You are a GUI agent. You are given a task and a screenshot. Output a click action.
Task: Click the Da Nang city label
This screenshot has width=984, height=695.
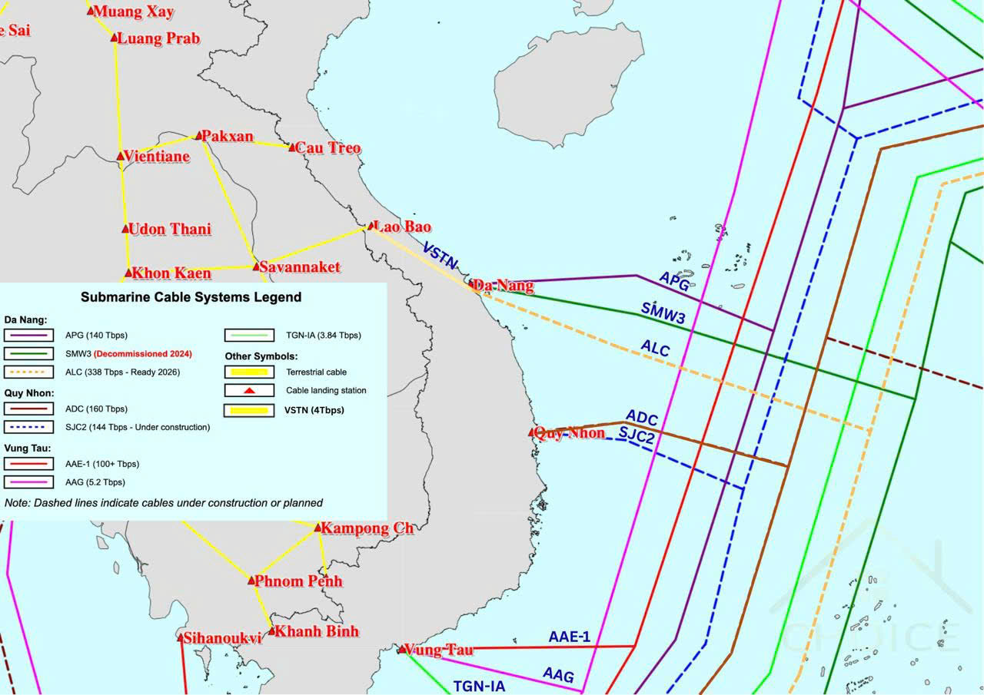tap(504, 286)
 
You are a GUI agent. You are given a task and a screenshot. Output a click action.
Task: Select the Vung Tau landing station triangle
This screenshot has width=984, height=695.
tap(402, 649)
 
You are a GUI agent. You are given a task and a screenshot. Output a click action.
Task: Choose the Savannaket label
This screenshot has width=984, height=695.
tap(299, 267)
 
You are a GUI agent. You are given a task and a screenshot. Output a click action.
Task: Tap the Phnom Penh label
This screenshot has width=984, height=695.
tap(298, 581)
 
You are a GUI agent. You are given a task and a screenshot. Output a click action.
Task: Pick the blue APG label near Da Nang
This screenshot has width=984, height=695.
tap(673, 281)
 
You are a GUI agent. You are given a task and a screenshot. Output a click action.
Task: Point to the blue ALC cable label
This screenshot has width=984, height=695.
tap(655, 349)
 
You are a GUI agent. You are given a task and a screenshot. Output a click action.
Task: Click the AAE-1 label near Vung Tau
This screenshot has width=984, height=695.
tap(569, 637)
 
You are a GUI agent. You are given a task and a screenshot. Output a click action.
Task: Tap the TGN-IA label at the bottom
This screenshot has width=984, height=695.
tap(478, 686)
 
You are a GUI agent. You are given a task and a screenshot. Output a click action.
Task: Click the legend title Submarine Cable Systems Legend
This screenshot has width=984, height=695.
tap(191, 296)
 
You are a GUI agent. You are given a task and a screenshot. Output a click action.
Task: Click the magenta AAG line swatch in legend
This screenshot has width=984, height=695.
tap(28, 482)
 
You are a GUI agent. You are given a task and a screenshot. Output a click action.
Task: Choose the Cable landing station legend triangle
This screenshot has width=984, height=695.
tap(249, 391)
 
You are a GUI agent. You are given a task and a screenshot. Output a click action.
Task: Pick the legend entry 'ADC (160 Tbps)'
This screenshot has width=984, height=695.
tap(97, 409)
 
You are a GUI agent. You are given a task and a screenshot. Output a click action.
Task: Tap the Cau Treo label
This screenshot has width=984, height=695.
tap(327, 147)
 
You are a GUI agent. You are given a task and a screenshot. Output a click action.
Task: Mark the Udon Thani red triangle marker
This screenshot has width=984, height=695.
tap(126, 229)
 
